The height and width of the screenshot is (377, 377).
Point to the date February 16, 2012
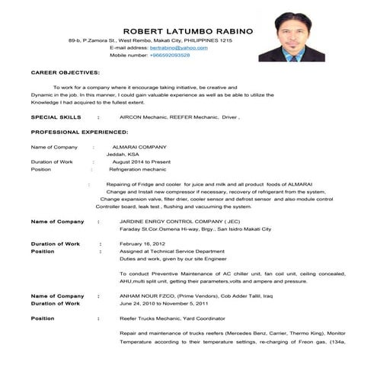143,243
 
